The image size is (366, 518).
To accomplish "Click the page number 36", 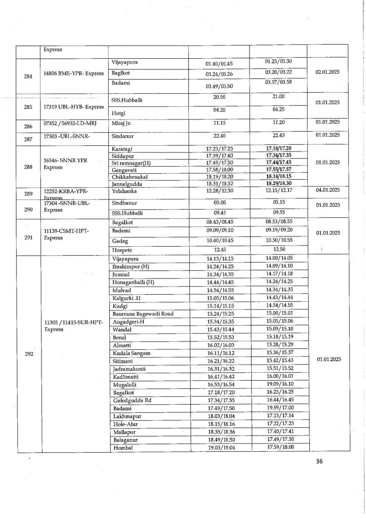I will pyautogui.click(x=319, y=461).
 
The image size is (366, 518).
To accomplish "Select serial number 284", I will pyautogui.click(x=28, y=76).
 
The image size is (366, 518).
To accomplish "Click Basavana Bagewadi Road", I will pyautogui.click(x=143, y=313).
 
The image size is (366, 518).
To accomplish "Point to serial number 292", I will pyautogui.click(x=28, y=354).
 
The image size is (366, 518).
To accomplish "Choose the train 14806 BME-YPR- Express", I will pyautogui.click(x=73, y=73).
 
